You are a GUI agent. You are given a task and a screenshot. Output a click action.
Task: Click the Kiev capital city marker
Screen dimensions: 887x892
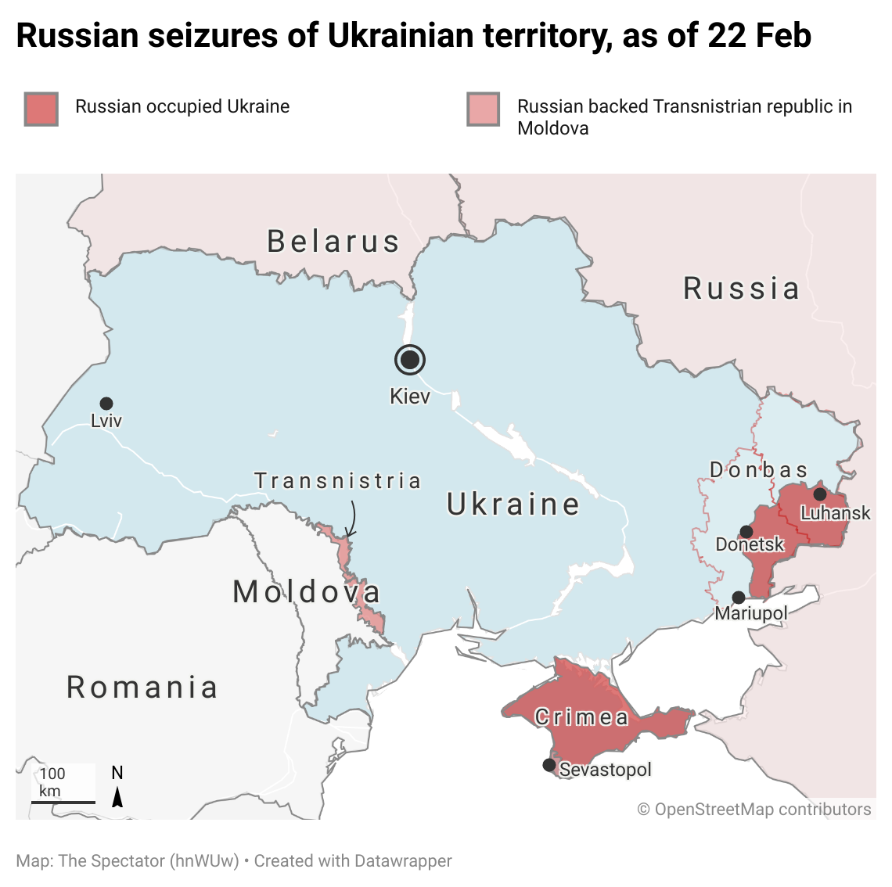click(409, 360)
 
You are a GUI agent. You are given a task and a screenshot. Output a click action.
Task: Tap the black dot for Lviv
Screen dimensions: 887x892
click(106, 404)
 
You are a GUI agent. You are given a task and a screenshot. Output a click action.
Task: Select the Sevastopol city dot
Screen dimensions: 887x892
click(549, 765)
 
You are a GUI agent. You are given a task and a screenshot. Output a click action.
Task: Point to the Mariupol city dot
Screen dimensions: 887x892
click(739, 598)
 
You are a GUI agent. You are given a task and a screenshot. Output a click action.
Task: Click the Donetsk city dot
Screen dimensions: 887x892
click(746, 532)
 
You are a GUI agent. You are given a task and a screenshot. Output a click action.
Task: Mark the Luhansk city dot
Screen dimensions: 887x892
click(820, 494)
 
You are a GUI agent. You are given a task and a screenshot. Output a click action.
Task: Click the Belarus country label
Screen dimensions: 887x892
click(333, 242)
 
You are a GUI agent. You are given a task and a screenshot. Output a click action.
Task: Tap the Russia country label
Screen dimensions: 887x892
click(741, 289)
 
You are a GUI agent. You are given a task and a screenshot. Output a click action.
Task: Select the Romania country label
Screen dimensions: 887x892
click(142, 688)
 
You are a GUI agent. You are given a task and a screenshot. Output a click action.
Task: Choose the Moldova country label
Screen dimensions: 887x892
click(307, 592)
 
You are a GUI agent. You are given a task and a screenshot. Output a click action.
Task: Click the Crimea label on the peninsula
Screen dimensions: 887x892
click(581, 717)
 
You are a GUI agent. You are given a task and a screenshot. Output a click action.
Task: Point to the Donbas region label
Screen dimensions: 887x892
click(758, 470)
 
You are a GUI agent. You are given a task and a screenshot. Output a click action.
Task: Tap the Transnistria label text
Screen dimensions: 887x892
click(338, 480)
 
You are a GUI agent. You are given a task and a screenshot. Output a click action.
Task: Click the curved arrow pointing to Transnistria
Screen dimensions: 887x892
click(351, 519)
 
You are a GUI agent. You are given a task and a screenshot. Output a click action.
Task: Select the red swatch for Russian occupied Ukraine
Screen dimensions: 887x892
click(41, 109)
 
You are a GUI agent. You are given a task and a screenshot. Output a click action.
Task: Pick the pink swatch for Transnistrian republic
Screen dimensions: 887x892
click(483, 109)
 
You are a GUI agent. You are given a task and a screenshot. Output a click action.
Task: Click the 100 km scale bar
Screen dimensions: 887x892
click(63, 801)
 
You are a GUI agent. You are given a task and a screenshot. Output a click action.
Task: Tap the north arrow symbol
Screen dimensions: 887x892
click(117, 796)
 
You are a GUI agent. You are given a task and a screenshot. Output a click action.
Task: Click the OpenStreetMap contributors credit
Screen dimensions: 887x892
click(754, 810)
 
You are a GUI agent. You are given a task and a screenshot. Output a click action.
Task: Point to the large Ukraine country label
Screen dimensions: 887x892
click(513, 505)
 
